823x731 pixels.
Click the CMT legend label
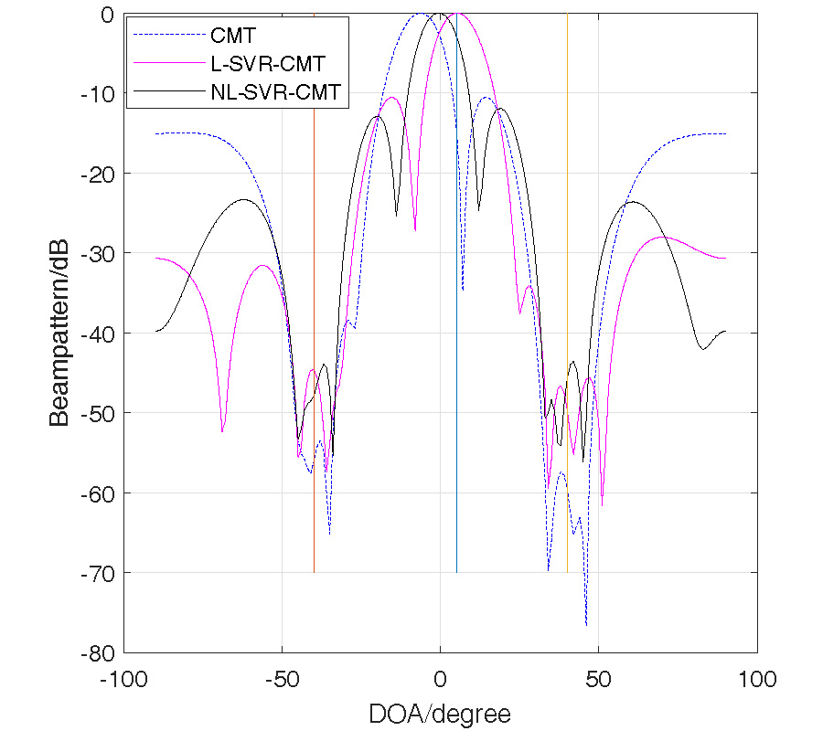(232, 37)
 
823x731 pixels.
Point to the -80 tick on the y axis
(101, 652)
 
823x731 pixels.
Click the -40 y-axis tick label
(101, 333)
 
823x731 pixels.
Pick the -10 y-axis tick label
(101, 93)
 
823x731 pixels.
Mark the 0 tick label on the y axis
(108, 14)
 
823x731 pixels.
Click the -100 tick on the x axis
(123, 680)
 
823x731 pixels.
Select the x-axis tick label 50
(598, 680)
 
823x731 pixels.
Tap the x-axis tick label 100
(756, 680)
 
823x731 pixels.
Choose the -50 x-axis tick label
(282, 680)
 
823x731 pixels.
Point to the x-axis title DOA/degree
(440, 713)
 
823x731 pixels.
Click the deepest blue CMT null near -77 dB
(586, 625)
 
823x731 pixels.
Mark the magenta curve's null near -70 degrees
(222, 430)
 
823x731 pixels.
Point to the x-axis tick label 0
(440, 680)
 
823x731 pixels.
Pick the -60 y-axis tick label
(101, 493)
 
